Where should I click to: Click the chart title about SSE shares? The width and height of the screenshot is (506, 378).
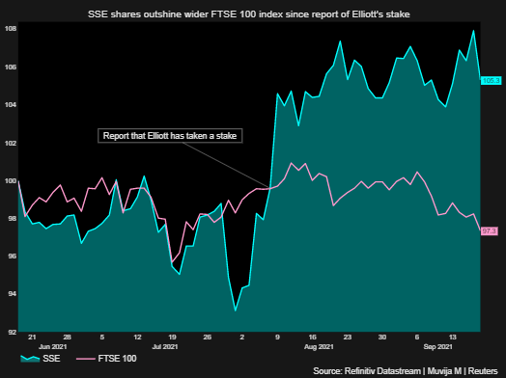(x=252, y=13)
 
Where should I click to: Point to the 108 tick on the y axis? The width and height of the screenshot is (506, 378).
(x=10, y=29)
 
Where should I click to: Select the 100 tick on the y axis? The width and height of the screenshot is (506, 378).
(x=10, y=180)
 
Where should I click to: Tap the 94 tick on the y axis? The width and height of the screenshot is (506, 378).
(x=10, y=294)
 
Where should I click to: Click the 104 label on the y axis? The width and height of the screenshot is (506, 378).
(x=10, y=104)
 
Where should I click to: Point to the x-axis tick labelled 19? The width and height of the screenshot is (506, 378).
(x=172, y=337)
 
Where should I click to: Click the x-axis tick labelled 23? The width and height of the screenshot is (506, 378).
(x=347, y=337)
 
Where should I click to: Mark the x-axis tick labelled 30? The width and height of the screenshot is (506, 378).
(x=382, y=337)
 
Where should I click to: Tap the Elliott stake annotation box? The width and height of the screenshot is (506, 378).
(x=171, y=136)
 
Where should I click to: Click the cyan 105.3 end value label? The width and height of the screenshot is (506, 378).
(x=490, y=80)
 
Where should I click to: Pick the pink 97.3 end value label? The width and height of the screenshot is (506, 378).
(x=490, y=231)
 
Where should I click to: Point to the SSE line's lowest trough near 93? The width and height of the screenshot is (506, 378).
(x=235, y=310)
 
